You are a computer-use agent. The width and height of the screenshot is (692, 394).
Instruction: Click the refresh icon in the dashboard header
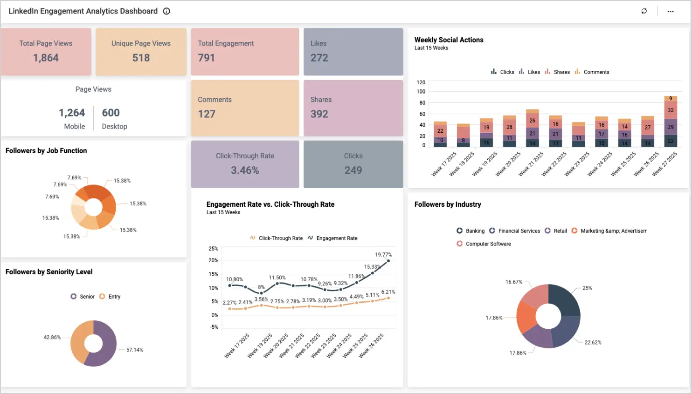(x=644, y=11)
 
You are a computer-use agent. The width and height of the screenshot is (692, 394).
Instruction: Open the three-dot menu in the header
(x=670, y=11)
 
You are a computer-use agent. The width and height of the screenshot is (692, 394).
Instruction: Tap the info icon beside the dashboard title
(x=166, y=11)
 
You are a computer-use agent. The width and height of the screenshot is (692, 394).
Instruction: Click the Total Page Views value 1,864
(x=46, y=58)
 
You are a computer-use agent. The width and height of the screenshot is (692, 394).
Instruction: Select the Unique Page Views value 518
(x=141, y=58)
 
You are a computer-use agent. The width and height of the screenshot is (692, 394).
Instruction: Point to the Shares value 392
(x=319, y=114)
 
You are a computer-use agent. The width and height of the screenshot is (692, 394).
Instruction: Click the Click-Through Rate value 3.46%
(x=245, y=170)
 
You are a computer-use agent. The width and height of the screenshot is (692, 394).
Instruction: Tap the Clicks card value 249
(x=353, y=170)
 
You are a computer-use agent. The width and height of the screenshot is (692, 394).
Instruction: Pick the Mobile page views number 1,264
(x=72, y=113)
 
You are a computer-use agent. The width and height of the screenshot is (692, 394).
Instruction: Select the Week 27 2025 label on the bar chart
(x=665, y=164)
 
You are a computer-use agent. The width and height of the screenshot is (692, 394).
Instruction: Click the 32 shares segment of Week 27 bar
(x=671, y=110)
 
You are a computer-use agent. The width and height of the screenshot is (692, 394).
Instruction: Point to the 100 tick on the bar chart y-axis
(x=421, y=92)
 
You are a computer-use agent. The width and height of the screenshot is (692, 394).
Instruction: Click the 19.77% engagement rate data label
(x=383, y=255)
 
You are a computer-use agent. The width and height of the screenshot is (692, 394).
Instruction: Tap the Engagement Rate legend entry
(x=336, y=238)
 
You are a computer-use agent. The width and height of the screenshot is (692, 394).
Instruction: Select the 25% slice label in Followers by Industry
(x=587, y=288)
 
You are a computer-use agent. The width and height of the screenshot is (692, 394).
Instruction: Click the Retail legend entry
(x=560, y=231)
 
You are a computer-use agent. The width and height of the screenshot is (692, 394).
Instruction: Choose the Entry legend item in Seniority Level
(x=114, y=297)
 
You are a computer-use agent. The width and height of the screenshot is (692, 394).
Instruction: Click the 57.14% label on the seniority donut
(x=134, y=350)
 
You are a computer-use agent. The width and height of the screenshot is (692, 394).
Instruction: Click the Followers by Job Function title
(x=46, y=151)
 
